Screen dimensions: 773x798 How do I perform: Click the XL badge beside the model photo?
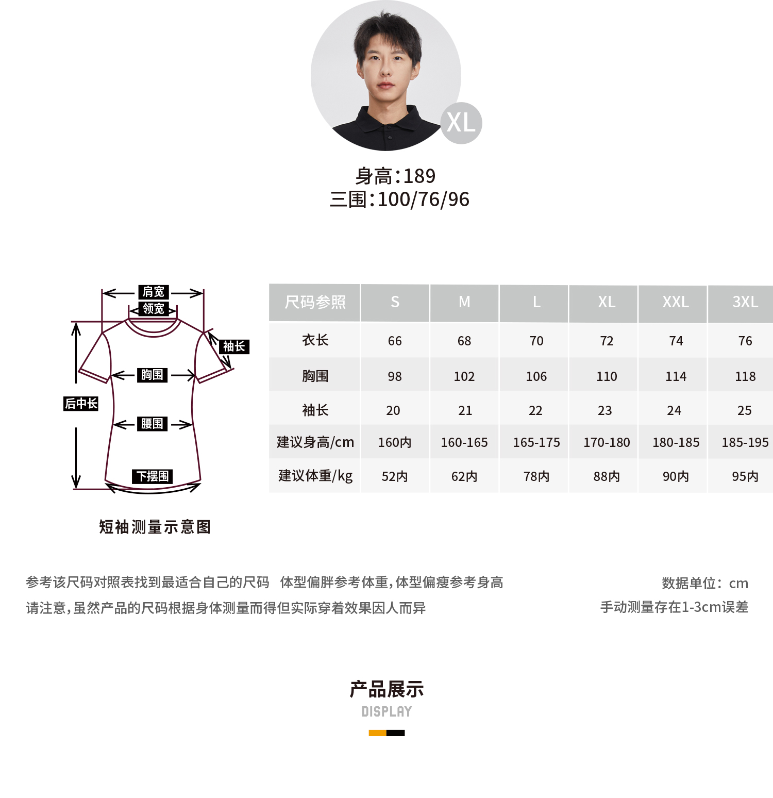[x=461, y=123]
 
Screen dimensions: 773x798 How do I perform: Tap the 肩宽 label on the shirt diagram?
[x=154, y=292]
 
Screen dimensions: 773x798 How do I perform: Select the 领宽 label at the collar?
[x=154, y=309]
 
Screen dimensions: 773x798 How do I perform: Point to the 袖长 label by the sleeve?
[x=234, y=346]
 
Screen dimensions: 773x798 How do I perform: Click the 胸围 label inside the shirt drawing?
[x=152, y=375]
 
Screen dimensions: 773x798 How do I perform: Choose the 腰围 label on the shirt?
[x=152, y=424]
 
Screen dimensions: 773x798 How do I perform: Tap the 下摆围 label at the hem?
[x=153, y=476]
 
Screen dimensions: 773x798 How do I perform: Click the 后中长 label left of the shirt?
[x=81, y=404]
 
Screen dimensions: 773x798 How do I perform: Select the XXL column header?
[x=676, y=302]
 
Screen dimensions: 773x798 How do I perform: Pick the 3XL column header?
[x=745, y=302]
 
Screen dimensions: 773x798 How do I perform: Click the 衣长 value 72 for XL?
[x=607, y=341]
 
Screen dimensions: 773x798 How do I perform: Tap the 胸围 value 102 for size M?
[x=464, y=377]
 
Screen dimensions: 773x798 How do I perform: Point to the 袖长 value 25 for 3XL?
[x=745, y=411]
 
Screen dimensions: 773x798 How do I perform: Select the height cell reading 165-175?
[x=536, y=443]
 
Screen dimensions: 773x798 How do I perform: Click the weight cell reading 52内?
[x=395, y=477]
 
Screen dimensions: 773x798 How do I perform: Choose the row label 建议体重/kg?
[x=315, y=476]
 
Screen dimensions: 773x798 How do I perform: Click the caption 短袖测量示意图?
[x=155, y=527]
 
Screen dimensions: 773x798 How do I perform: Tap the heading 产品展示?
[x=386, y=689]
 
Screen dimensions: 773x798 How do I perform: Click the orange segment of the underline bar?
[x=378, y=733]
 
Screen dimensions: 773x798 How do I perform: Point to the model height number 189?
[x=419, y=176]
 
